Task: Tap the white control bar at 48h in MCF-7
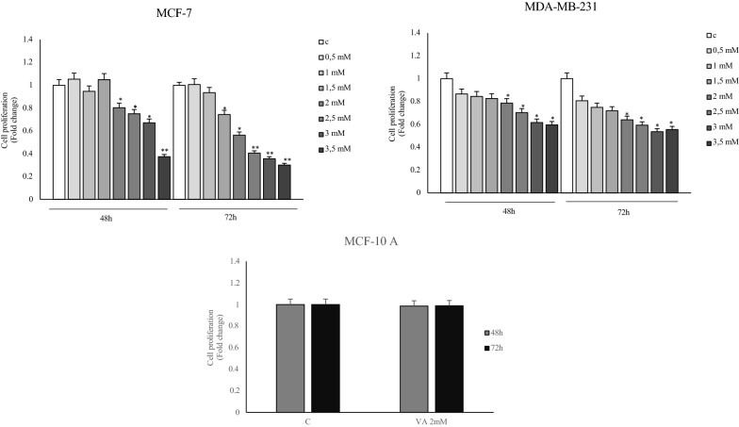point(58,141)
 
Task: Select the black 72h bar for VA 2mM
point(444,358)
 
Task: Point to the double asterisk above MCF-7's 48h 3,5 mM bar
point(164,151)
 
